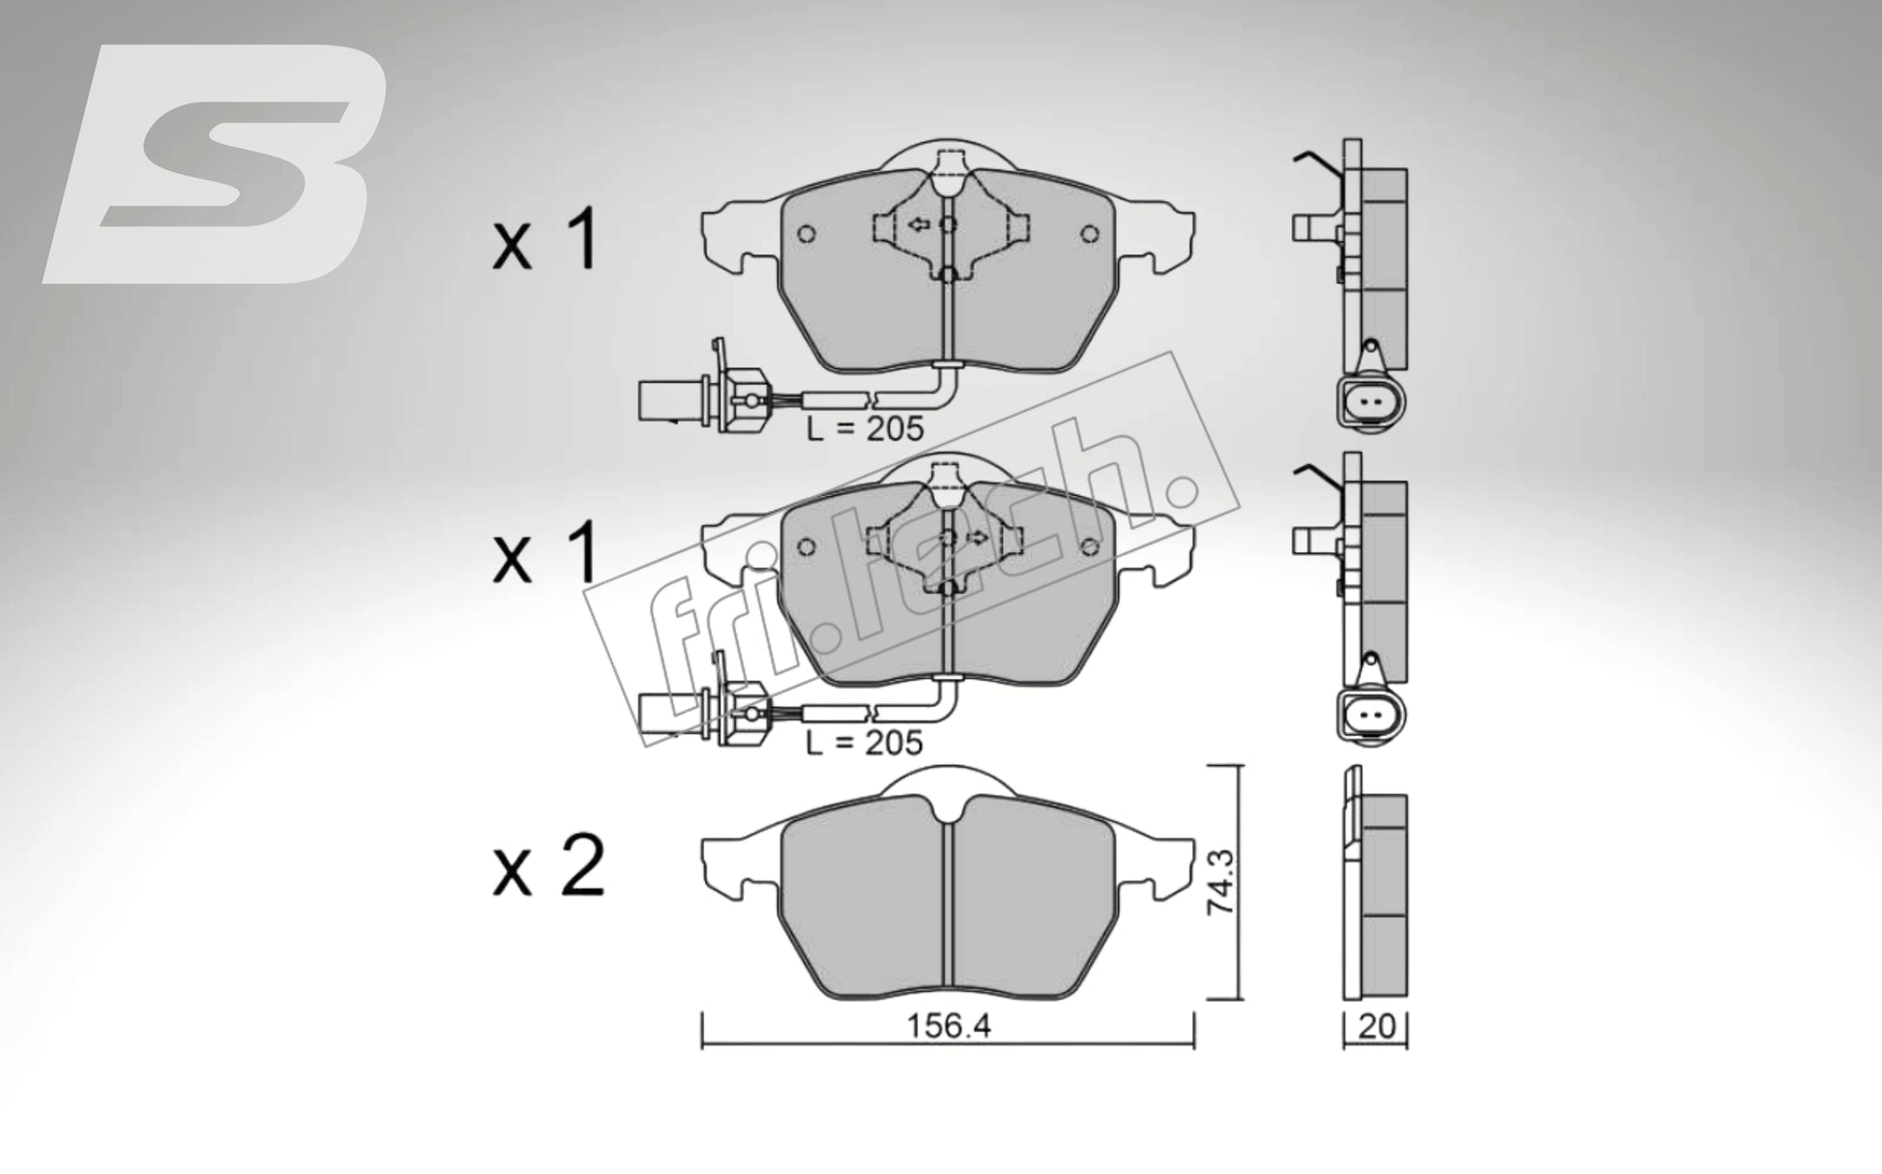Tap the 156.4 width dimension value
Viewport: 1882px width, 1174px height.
[948, 1026]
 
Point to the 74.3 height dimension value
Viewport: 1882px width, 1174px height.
[1220, 881]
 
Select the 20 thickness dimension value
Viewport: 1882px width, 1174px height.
[1376, 1027]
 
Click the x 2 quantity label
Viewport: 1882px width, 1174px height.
[548, 867]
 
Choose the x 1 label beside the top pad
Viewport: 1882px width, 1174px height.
[546, 242]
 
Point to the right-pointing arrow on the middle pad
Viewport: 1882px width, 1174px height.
[979, 538]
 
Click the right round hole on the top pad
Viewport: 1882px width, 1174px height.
[1090, 233]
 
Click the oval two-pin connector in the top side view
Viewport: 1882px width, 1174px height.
[1370, 400]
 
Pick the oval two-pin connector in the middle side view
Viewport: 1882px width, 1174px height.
[1370, 717]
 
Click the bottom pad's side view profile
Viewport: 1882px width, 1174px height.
[1374, 882]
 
